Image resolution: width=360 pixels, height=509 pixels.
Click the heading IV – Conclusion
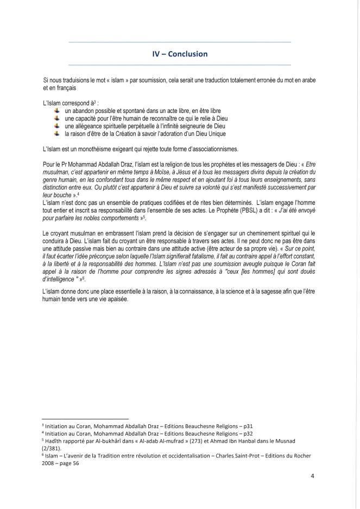(180, 54)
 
